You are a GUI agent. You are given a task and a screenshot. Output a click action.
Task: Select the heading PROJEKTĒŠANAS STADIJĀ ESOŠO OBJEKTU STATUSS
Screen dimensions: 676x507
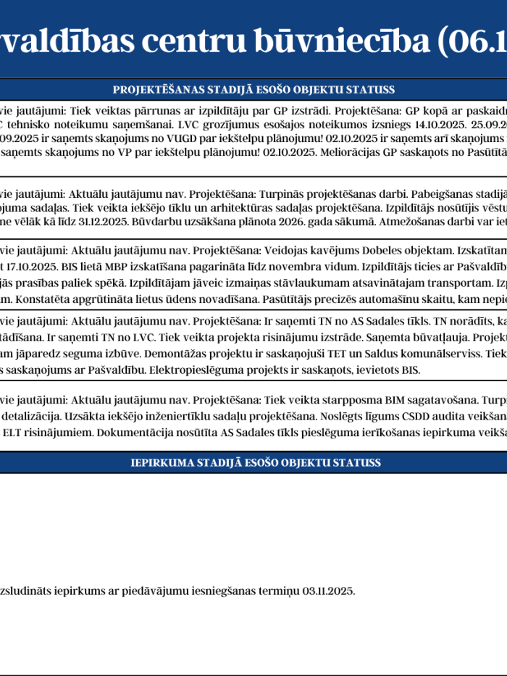tap(253, 90)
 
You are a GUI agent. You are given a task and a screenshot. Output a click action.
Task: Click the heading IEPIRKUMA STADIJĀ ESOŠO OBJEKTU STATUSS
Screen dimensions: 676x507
tap(256, 462)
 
